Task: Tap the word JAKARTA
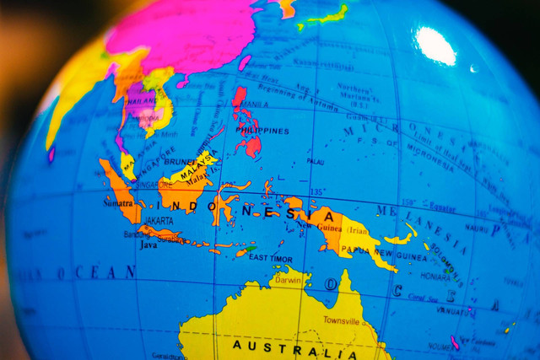158,221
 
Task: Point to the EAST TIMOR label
271,258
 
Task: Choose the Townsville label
341,321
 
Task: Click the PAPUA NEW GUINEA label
378,252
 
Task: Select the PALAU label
315,161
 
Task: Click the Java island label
148,245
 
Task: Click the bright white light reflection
435,46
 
